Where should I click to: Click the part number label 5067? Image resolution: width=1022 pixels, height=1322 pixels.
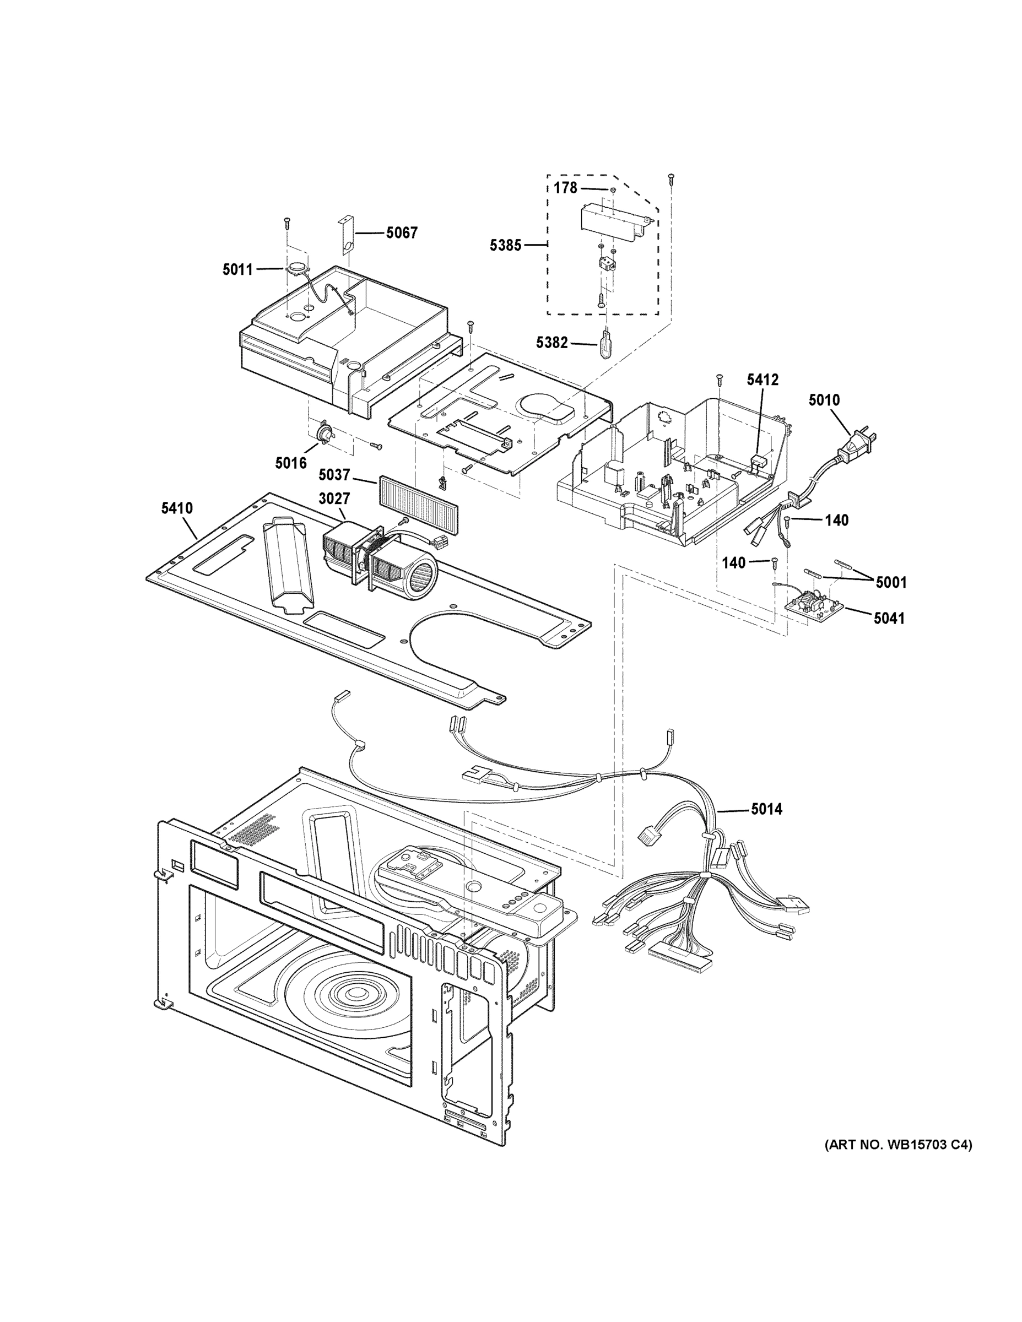(402, 232)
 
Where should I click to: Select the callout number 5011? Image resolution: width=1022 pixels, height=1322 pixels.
(237, 269)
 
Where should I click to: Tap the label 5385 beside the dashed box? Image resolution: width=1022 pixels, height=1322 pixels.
(505, 245)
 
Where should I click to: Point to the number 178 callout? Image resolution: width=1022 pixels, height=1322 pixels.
(565, 188)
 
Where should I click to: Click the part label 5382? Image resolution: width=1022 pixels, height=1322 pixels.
(551, 343)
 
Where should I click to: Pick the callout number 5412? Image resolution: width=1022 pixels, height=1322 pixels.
(763, 380)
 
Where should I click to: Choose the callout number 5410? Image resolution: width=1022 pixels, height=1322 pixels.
(177, 508)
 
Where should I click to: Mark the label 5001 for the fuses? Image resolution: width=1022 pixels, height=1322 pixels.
(891, 582)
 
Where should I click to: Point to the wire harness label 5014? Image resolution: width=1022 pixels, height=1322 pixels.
(766, 809)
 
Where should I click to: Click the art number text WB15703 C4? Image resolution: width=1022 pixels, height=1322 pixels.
(898, 1145)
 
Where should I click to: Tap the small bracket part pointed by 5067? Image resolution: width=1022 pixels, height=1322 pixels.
(345, 233)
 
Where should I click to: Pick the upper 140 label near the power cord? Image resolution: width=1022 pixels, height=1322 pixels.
(836, 520)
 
